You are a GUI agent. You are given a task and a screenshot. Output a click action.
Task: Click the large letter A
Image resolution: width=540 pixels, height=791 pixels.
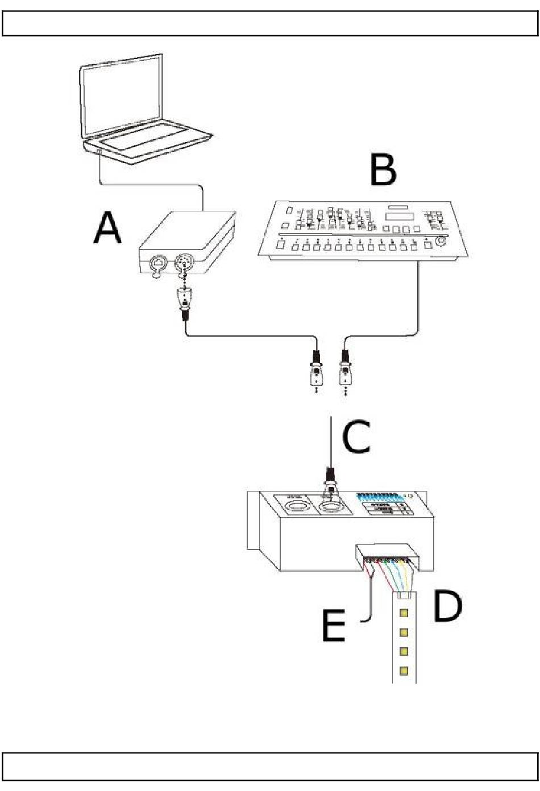(108, 228)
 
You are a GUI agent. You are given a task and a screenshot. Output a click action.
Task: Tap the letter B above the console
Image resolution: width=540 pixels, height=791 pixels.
(383, 168)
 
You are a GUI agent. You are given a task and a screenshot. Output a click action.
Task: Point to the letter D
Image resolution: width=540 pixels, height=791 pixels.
(447, 606)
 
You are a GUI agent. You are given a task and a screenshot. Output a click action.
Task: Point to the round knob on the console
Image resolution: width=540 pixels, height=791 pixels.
(441, 242)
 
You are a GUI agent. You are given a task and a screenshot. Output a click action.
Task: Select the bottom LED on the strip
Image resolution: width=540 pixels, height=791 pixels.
(404, 671)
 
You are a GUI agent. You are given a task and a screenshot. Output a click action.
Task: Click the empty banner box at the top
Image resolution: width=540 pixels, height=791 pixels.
(270, 23)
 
